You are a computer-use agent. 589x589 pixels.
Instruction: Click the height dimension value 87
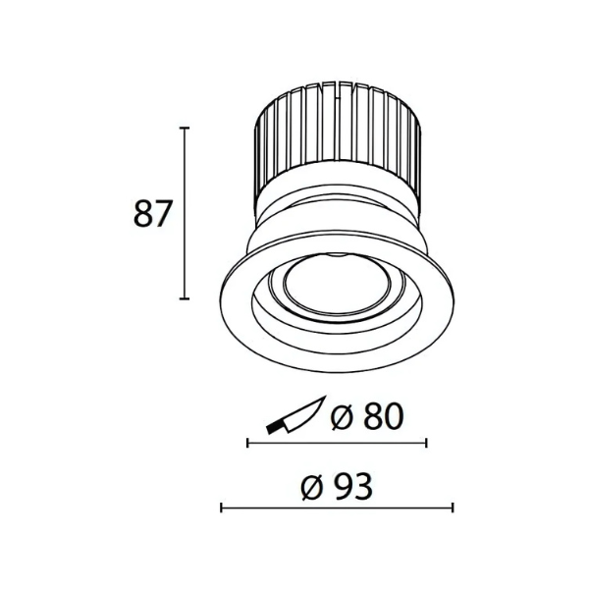point(153,213)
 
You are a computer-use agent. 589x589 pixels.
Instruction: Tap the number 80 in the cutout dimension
point(384,416)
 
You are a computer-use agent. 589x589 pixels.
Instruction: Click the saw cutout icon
point(296,414)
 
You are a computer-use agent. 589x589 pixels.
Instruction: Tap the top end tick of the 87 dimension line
point(185,128)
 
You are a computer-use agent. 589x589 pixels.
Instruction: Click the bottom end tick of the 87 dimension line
point(185,298)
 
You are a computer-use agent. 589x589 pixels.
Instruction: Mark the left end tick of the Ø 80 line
point(247,443)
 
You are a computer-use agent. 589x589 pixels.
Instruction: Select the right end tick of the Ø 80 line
point(426,443)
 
